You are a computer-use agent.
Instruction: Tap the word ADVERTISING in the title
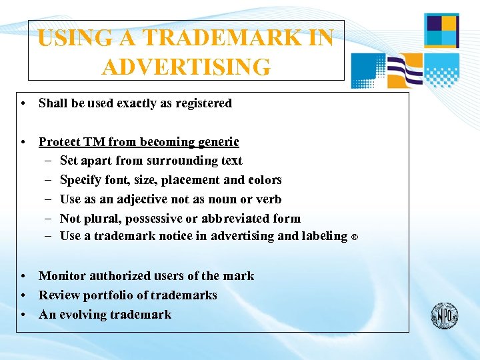(x=187, y=67)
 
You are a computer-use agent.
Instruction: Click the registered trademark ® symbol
(x=355, y=237)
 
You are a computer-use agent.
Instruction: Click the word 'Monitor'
(x=62, y=275)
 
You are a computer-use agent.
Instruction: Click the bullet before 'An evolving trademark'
(x=23, y=315)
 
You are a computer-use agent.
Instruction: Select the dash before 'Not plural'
(x=50, y=218)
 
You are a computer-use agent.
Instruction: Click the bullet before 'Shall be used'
(x=23, y=103)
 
